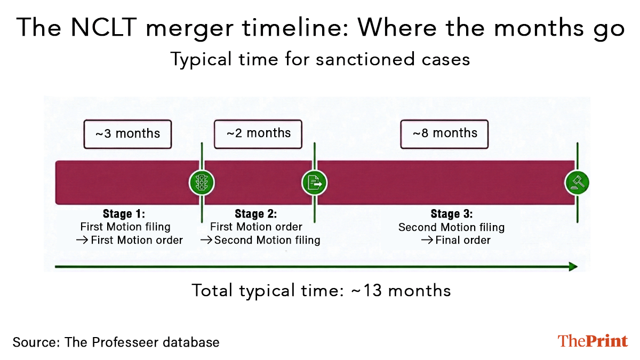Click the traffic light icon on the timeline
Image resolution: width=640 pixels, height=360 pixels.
click(202, 183)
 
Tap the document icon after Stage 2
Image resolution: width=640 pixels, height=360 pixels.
click(315, 183)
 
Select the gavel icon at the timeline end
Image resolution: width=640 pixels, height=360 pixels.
click(577, 183)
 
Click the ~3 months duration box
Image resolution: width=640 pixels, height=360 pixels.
click(127, 133)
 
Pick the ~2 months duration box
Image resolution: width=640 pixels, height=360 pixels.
click(258, 133)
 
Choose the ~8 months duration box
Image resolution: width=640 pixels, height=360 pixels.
click(445, 133)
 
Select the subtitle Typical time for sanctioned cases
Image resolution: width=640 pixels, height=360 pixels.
click(320, 59)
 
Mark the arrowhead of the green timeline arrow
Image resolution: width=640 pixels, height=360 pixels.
click(573, 266)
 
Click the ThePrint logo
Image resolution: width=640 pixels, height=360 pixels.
click(593, 341)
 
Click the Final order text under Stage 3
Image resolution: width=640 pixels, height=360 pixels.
click(462, 240)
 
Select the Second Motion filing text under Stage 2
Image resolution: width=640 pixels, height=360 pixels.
click(267, 240)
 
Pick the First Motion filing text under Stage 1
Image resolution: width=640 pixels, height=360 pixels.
click(125, 227)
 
